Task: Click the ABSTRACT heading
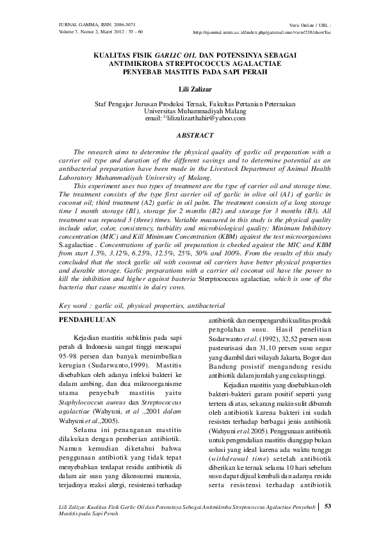194,136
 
